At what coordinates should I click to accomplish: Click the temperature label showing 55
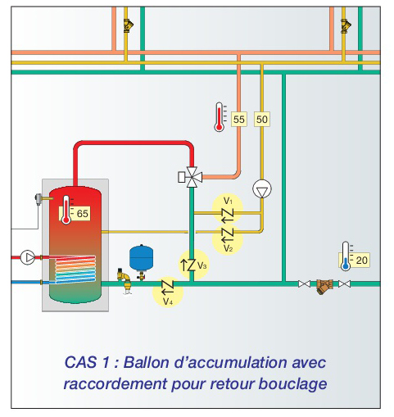pyautogui.click(x=239, y=120)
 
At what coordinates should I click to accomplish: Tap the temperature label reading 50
pyautogui.click(x=262, y=120)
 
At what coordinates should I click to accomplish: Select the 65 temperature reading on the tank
pyautogui.click(x=82, y=214)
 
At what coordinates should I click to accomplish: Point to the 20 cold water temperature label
pyautogui.click(x=361, y=260)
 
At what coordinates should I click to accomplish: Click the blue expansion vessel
pyautogui.click(x=141, y=258)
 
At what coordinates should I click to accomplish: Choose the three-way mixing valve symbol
pyautogui.click(x=192, y=177)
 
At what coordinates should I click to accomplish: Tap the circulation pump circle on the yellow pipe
pyautogui.click(x=262, y=188)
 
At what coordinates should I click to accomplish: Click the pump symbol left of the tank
pyautogui.click(x=28, y=257)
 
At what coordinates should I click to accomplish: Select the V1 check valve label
pyautogui.click(x=228, y=201)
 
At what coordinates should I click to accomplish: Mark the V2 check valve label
pyautogui.click(x=229, y=248)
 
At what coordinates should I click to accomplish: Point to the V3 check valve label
pyautogui.click(x=202, y=265)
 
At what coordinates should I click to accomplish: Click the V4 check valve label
pyautogui.click(x=168, y=301)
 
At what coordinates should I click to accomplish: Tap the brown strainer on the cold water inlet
pyautogui.click(x=324, y=286)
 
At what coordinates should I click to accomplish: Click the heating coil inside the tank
pyautogui.click(x=75, y=269)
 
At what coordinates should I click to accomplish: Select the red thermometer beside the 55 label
pyautogui.click(x=220, y=117)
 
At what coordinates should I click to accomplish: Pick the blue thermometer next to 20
pyautogui.click(x=346, y=256)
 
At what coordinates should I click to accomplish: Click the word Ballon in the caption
pyautogui.click(x=147, y=362)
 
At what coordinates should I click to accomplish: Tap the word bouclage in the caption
pyautogui.click(x=292, y=384)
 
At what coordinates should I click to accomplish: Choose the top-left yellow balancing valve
pyautogui.click(x=128, y=25)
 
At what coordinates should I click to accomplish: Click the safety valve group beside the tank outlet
pyautogui.click(x=125, y=281)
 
